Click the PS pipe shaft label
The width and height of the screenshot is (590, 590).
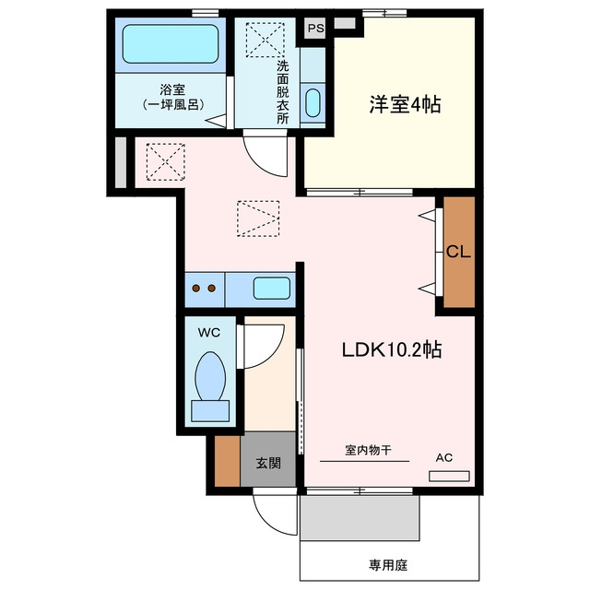[315, 29]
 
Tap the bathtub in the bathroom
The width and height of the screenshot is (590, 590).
[171, 43]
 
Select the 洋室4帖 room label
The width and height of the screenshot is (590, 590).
[405, 104]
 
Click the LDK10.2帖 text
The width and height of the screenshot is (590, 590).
[392, 350]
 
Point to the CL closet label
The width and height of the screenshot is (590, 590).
[458, 252]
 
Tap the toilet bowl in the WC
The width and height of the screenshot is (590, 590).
[210, 376]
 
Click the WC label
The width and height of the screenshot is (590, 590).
[209, 333]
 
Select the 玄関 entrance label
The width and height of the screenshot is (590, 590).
[268, 463]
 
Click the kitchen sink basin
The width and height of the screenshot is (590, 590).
[272, 289]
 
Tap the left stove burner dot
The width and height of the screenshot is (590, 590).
[196, 289]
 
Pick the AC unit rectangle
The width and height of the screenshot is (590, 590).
[449, 476]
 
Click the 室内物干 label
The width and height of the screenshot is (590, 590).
[368, 450]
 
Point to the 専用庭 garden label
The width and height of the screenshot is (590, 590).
[388, 565]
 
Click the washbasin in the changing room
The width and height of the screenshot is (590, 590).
[313, 103]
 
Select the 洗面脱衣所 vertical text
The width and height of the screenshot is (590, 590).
[283, 92]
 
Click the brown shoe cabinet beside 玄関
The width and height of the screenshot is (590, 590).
[228, 461]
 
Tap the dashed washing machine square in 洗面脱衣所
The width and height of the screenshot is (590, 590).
[265, 40]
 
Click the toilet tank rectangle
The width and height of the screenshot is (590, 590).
[210, 411]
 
